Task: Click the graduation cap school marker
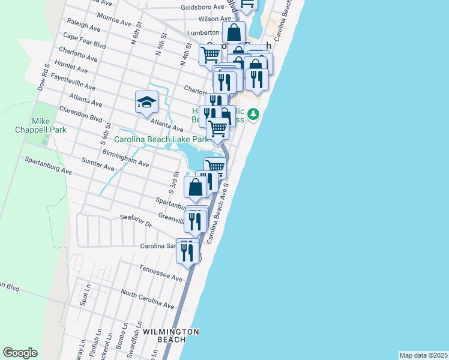[x=146, y=103]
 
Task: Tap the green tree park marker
[x=254, y=114]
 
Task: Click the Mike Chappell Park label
[x=49, y=125]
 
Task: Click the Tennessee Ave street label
[x=160, y=274]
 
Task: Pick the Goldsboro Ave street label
[x=203, y=8]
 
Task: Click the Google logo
[x=20, y=353]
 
